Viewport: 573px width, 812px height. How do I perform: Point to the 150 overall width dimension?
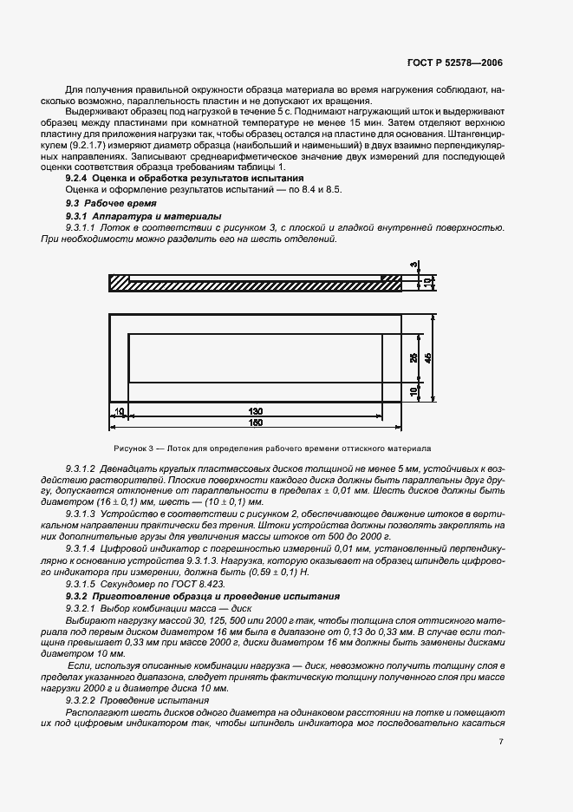point(257,422)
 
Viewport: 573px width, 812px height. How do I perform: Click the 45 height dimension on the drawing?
point(427,357)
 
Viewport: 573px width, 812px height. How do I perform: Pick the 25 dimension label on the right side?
point(413,357)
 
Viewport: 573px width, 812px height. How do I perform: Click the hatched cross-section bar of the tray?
point(256,282)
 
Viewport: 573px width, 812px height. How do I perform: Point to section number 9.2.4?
point(79,177)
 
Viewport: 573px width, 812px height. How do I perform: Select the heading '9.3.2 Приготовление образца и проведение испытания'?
point(203,597)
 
